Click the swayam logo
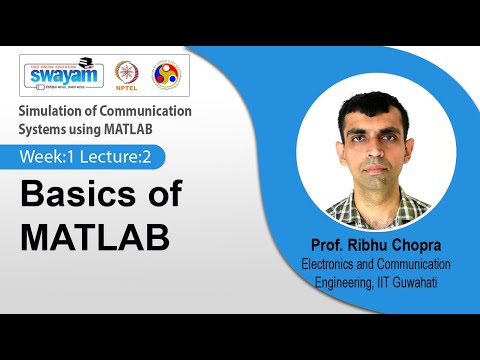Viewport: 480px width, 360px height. pos(62,75)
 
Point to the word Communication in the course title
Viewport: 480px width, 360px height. pos(142,111)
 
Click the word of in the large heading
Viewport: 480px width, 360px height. pos(165,195)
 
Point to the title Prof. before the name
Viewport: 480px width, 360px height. pos(336,247)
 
